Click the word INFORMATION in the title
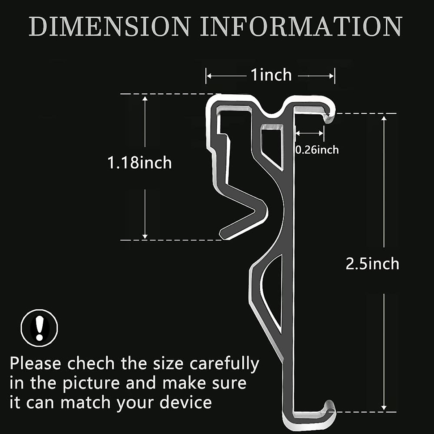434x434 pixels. tap(301, 26)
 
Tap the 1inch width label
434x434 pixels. tap(271, 75)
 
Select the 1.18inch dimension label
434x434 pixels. tap(140, 163)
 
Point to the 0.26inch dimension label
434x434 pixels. tap(317, 150)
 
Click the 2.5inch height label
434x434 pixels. tap(373, 264)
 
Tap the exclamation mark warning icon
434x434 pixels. tap(39, 328)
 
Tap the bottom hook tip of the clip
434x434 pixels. tap(329, 404)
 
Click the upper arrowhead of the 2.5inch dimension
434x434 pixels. tap(384, 118)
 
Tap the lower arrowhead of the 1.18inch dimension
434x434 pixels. tap(145, 236)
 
